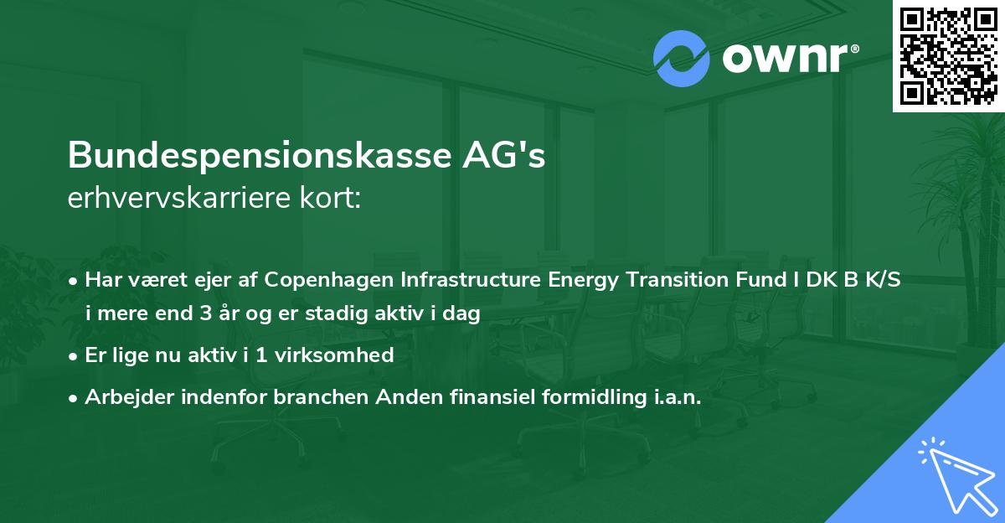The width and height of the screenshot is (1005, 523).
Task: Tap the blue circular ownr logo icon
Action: tap(681, 59)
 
